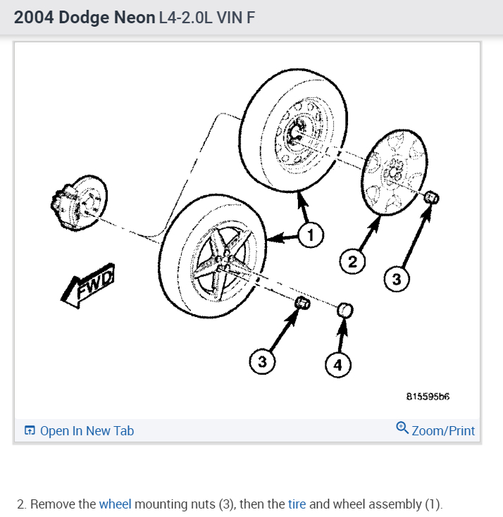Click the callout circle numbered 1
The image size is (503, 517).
tap(310, 235)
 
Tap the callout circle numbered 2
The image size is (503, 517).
tap(353, 262)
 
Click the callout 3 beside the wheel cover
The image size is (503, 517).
tap(397, 280)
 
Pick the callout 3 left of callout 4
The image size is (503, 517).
tap(262, 362)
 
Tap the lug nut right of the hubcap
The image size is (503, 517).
tap(432, 197)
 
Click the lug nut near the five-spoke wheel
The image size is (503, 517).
tap(302, 303)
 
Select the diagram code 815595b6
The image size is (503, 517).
tap(428, 396)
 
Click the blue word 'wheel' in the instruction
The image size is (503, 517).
tap(115, 504)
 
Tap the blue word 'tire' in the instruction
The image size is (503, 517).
tap(296, 504)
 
